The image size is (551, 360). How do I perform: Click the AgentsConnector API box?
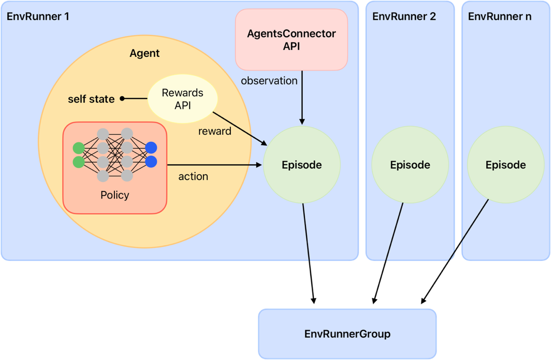pos(291,39)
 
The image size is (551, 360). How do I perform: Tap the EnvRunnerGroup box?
pos(347,334)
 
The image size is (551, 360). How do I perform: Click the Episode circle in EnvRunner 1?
pos(302,165)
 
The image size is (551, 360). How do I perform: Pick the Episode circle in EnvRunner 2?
pos(410,165)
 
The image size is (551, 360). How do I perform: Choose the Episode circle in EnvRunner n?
pos(505,165)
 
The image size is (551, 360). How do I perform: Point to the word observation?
pos(269,81)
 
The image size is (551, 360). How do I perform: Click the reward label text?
pos(215,131)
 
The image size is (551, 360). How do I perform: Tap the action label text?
pos(193,177)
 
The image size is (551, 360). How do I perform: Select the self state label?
pos(91,99)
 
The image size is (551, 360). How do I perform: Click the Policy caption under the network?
pos(115,195)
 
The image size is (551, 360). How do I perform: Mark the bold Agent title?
pos(144,53)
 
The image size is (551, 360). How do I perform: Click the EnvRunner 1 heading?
pos(38,16)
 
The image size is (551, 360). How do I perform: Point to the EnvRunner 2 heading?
pos(404,16)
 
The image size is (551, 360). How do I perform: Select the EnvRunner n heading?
pos(499,16)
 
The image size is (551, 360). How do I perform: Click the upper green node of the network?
pos(78,148)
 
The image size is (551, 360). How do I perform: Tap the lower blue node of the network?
pos(151,162)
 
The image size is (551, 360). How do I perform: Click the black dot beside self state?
pos(122,99)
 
